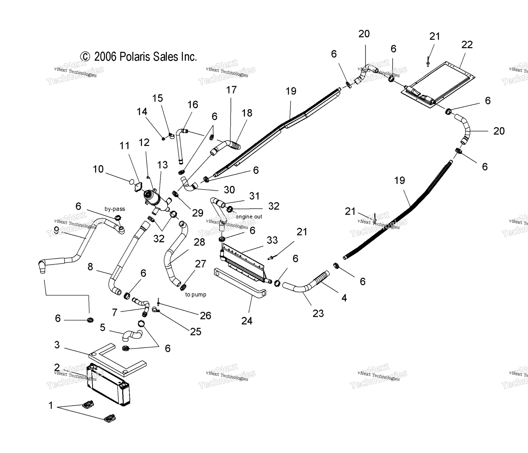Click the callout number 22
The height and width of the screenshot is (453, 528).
(x=467, y=45)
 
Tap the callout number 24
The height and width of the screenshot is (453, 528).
(x=247, y=321)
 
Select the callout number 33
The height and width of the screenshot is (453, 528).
(x=272, y=240)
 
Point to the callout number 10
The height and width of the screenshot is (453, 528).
(x=98, y=169)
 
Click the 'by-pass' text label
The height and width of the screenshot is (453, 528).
(x=115, y=209)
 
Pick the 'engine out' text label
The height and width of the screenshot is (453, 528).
(x=249, y=217)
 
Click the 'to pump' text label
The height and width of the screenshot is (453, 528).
(x=196, y=295)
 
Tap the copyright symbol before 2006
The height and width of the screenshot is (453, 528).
(x=85, y=57)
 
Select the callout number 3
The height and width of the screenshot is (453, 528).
(x=57, y=345)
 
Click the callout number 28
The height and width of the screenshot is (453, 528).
(x=199, y=242)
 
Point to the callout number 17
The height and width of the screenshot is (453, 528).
(x=231, y=90)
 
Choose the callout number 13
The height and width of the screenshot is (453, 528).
(x=162, y=165)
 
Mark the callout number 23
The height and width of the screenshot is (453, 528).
(x=318, y=314)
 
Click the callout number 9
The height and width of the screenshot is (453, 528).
(x=56, y=229)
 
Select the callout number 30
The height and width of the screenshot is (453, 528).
(x=229, y=190)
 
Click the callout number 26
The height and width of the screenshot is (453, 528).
(x=205, y=316)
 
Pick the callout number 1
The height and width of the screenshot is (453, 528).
(x=51, y=406)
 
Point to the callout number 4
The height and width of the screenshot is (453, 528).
(x=344, y=298)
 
